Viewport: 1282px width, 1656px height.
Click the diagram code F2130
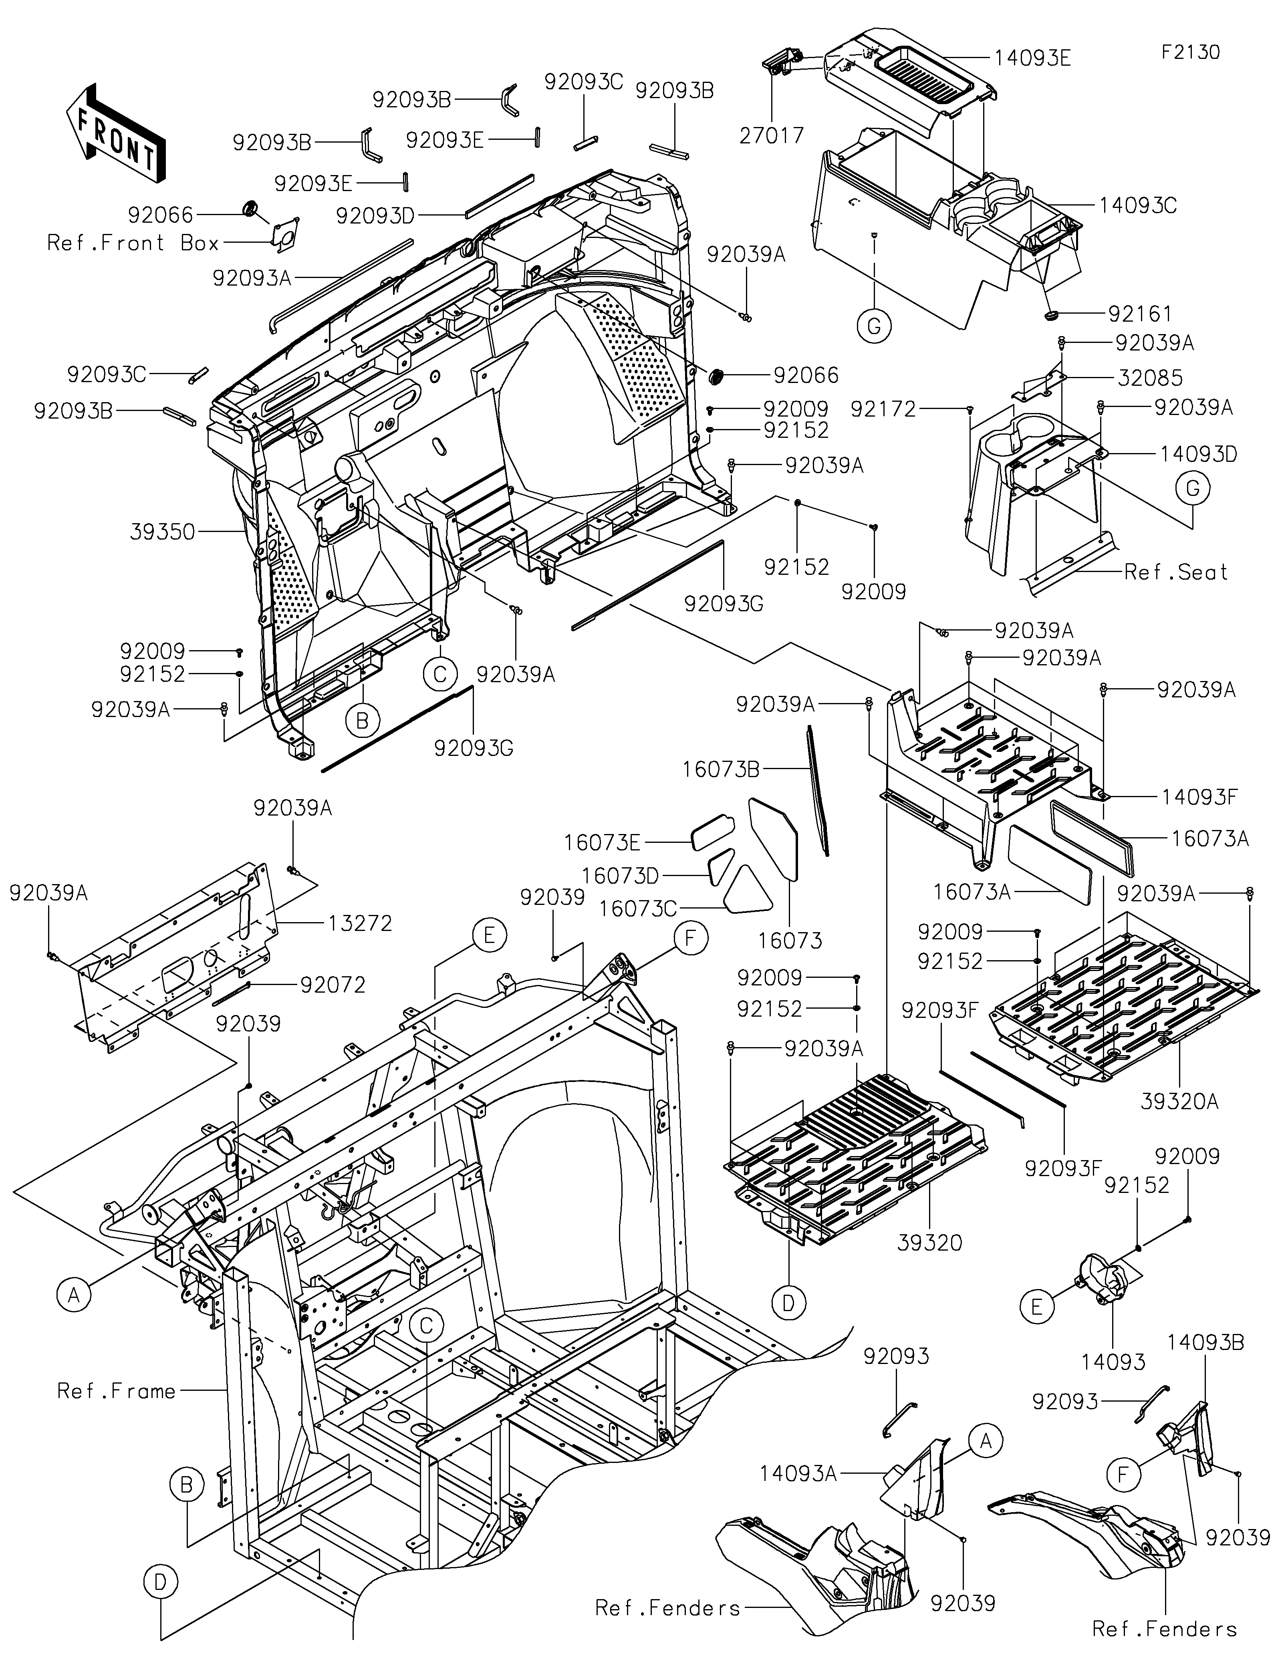tap(1191, 52)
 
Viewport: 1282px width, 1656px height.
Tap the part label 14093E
tap(1032, 58)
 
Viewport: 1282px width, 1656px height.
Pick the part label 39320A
tap(1180, 1101)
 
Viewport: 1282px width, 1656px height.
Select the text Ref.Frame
tap(117, 1391)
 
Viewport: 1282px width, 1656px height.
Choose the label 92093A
tap(252, 278)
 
